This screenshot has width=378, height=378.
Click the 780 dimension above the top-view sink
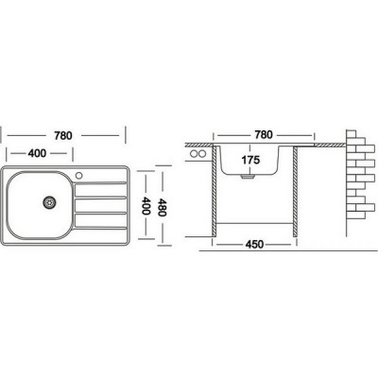[63, 135]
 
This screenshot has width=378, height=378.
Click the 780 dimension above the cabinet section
[264, 135]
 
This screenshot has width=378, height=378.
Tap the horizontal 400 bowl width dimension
[37, 153]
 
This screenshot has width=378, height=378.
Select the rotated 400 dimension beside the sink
[146, 205]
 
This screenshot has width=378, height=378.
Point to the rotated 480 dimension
[162, 207]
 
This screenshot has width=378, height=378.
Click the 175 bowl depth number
[250, 160]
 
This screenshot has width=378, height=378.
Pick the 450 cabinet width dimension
[254, 245]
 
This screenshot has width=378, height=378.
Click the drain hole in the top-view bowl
[49, 202]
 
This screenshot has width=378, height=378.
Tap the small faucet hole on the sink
[78, 175]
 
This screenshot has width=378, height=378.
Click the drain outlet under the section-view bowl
[248, 177]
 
